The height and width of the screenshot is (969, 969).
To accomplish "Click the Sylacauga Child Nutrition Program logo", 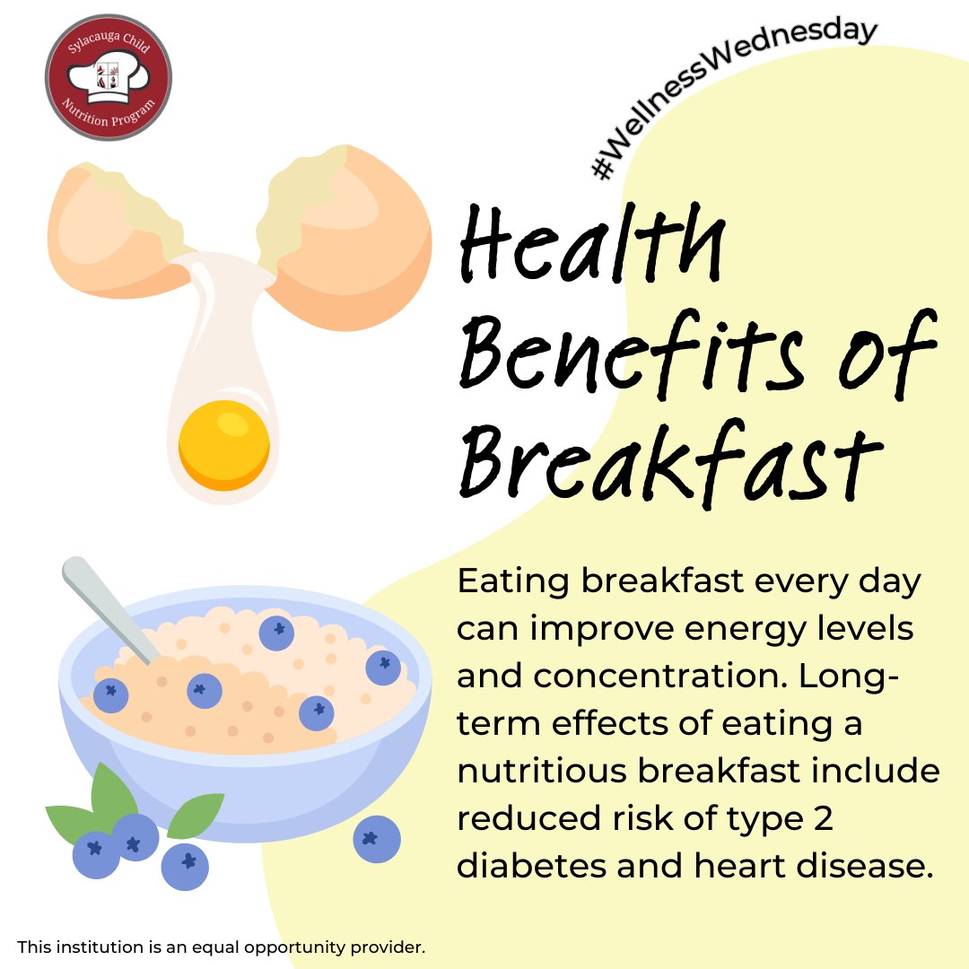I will pos(108,77).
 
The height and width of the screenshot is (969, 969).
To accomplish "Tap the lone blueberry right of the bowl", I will pos(377,839).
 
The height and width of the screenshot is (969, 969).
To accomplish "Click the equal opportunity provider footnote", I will pos(221,947).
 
